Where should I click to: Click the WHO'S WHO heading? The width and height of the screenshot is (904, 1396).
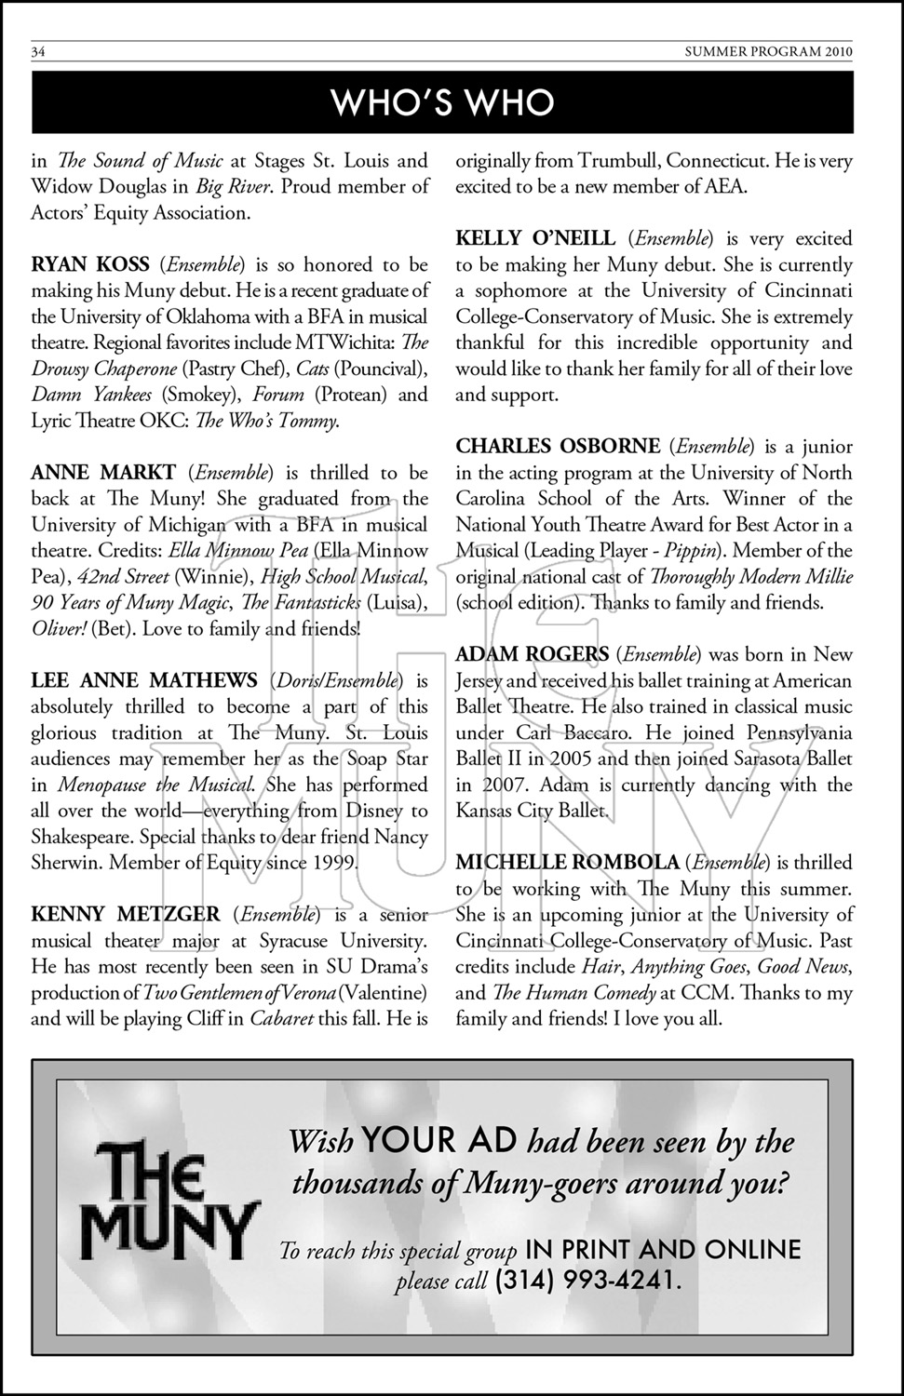pos(442,102)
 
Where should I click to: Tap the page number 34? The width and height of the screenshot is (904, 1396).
pos(39,52)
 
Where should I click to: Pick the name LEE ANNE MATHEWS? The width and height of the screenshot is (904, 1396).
pos(144,681)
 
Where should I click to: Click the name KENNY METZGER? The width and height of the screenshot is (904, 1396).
pos(126,915)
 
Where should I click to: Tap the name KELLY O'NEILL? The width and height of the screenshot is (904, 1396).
pos(535,239)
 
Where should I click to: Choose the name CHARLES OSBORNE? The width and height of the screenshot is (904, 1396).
pos(558,447)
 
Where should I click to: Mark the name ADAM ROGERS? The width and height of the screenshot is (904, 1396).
pos(532,655)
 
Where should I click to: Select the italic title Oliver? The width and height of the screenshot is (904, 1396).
pos(60,629)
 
